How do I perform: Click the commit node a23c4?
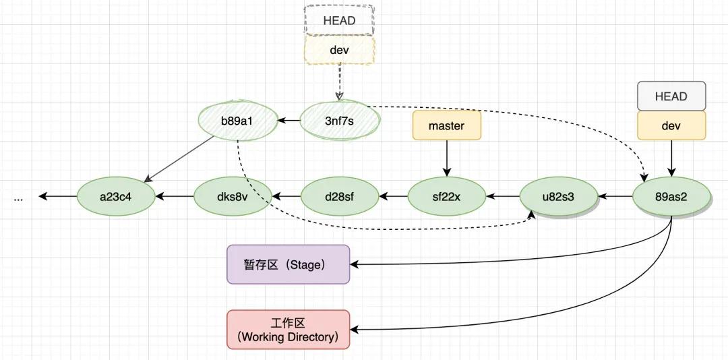(117, 197)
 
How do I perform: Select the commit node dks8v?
(233, 197)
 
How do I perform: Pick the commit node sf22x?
(447, 197)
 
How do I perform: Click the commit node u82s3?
(559, 197)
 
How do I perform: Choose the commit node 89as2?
(671, 197)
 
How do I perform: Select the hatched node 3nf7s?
(339, 121)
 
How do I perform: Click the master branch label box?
(446, 126)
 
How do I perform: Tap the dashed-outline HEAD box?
(339, 20)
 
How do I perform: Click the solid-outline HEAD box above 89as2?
(671, 96)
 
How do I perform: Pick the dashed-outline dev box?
(339, 51)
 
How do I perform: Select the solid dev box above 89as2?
(671, 126)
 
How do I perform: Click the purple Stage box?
(289, 264)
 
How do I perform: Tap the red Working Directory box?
(289, 330)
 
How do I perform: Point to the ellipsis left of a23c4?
(18, 198)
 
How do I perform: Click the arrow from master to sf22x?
(446, 160)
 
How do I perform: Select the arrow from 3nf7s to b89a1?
(289, 121)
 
